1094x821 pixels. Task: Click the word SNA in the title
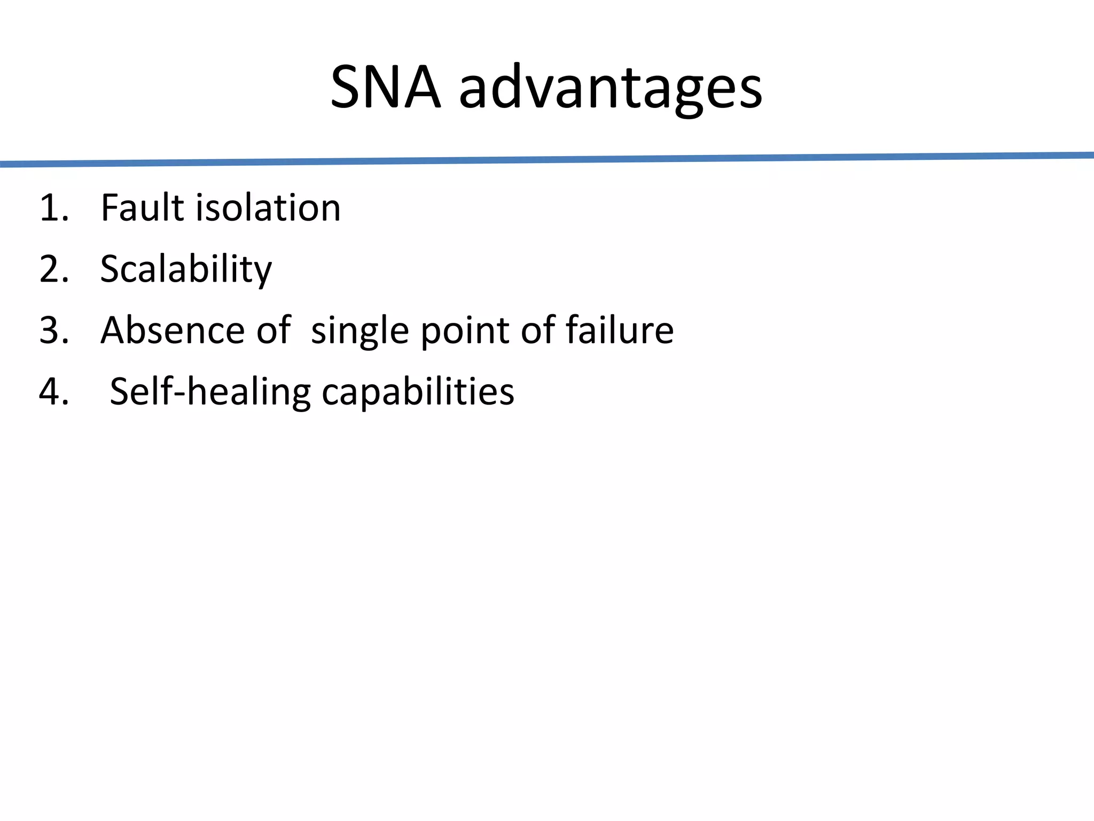[x=386, y=87]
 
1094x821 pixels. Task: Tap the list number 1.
[x=53, y=208]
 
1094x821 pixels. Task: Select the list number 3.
[x=53, y=330]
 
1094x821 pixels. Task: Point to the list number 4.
[x=53, y=392]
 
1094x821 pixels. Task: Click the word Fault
[x=143, y=208]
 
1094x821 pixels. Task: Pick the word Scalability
[x=186, y=270]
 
